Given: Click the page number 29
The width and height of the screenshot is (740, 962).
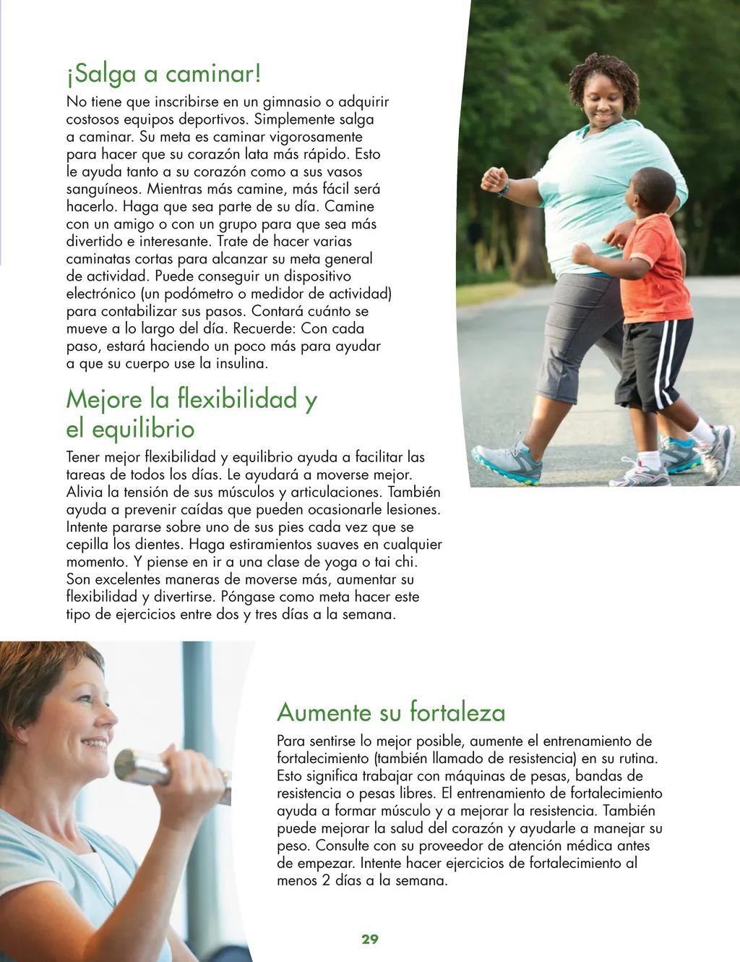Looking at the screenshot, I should (370, 939).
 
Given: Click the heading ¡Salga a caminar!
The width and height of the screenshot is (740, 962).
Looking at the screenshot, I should (163, 73).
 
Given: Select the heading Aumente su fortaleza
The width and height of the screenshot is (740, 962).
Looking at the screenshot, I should (391, 712).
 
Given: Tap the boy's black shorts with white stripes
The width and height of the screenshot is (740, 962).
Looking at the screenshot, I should (653, 362).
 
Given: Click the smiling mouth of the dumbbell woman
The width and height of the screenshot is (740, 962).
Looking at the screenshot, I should (95, 742).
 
